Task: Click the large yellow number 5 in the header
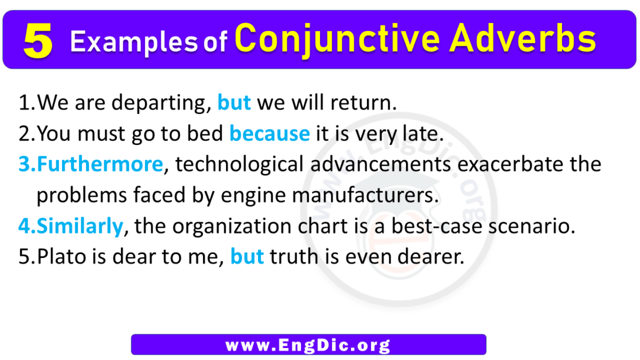click(x=38, y=42)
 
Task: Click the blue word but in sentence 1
click(x=234, y=103)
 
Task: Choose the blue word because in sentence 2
click(x=270, y=134)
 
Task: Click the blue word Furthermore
click(x=100, y=165)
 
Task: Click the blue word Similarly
click(x=80, y=226)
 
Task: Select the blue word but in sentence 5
click(x=247, y=257)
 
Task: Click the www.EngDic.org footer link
click(x=309, y=345)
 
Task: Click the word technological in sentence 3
click(x=237, y=165)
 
